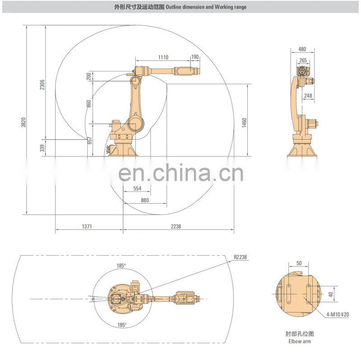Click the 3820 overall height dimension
(x=23, y=122)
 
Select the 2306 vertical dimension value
(x=42, y=85)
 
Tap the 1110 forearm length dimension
(x=163, y=57)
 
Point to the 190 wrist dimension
(x=195, y=57)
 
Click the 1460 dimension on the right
(x=244, y=122)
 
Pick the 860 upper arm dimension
(x=89, y=103)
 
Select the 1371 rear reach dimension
(x=87, y=226)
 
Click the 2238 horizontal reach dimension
(x=176, y=226)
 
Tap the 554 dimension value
(x=138, y=188)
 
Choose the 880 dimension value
(x=145, y=200)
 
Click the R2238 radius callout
(x=240, y=257)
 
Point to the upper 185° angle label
(x=121, y=266)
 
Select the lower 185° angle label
(x=122, y=325)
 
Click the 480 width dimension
(x=302, y=49)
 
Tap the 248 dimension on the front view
(x=308, y=95)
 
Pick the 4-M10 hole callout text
(x=338, y=314)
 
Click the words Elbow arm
(x=300, y=341)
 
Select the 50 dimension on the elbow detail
(x=299, y=263)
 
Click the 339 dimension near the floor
(x=42, y=148)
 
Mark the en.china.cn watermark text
(x=181, y=173)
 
